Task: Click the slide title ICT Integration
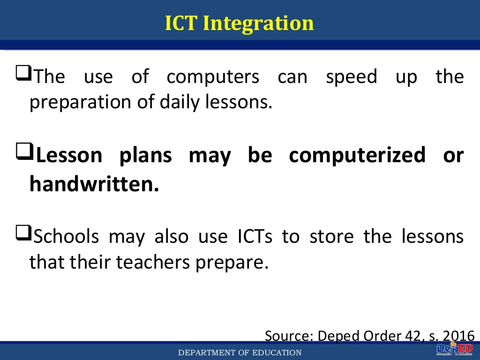[239, 23]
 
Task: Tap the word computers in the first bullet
[213, 77]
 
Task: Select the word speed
[351, 77]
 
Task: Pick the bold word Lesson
[69, 156]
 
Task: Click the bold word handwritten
[94, 184]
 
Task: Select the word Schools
[67, 237]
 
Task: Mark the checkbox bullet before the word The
[23, 73]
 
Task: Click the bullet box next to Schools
[23, 232]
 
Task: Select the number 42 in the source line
[409, 336]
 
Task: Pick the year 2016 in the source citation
[459, 336]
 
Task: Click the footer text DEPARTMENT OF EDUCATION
[240, 353]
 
